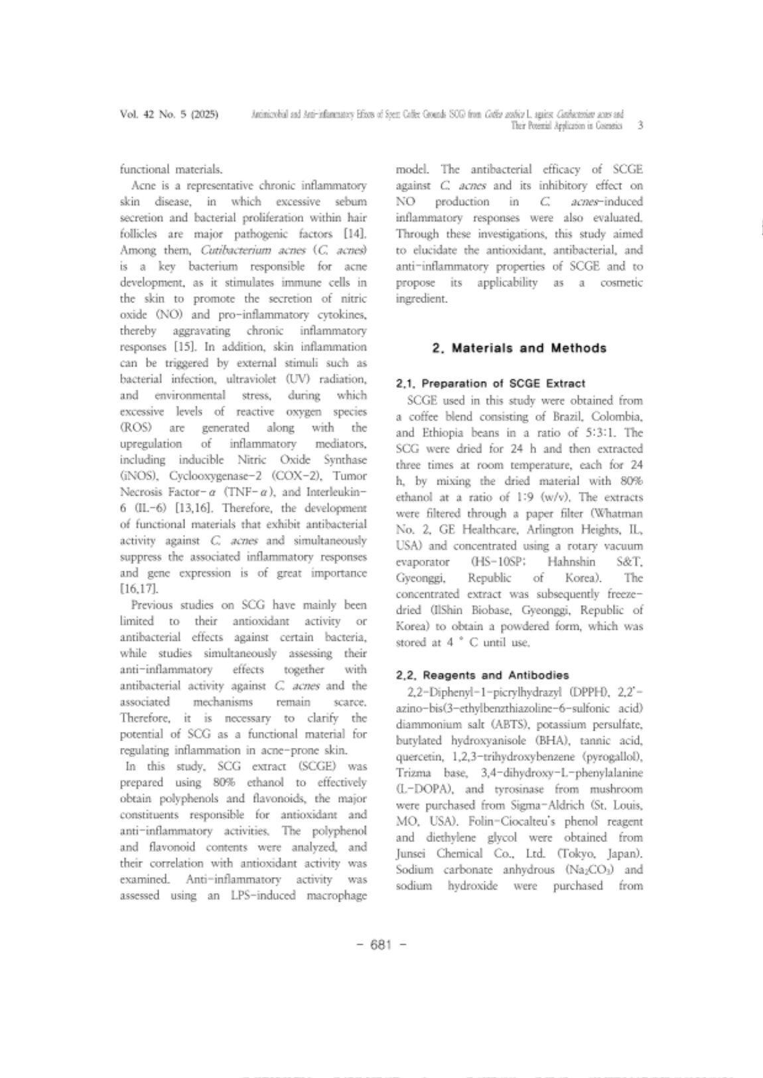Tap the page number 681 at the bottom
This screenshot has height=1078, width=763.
coord(381,945)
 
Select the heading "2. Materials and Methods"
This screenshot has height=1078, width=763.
coord(519,348)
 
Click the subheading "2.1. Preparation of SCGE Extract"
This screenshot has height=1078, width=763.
coord(490,383)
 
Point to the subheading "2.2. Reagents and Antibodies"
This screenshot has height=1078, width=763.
coord(482,675)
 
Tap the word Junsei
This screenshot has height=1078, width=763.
coord(412,853)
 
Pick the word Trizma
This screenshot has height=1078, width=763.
coord(414,773)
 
